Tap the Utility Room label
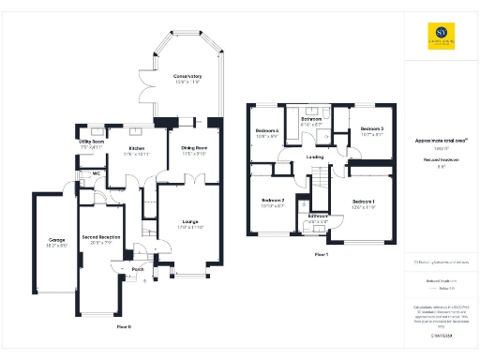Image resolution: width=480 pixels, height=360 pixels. [x=92, y=142]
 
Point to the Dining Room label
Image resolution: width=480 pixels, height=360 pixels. [x=193, y=148]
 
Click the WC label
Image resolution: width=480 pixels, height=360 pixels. [x=97, y=173]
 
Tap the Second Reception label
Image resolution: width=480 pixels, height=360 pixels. [x=100, y=239]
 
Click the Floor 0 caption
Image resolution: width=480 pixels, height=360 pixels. [x=124, y=326]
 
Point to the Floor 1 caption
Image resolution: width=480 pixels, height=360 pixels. [x=321, y=254]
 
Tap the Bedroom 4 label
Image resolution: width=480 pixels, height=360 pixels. [x=267, y=130]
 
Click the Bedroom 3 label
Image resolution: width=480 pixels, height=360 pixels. [x=372, y=128]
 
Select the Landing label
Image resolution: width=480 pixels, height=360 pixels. [x=315, y=157]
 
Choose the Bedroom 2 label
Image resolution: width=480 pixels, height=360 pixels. [x=273, y=201]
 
